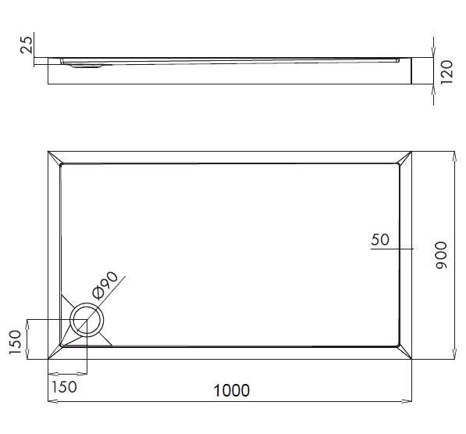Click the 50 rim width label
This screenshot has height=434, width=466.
click(x=380, y=240)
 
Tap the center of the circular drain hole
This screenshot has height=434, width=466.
click(x=87, y=321)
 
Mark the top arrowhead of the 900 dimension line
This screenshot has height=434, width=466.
click(x=454, y=156)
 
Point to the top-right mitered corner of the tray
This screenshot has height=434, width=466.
click(x=405, y=157)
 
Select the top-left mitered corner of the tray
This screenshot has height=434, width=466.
click(x=54, y=157)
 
